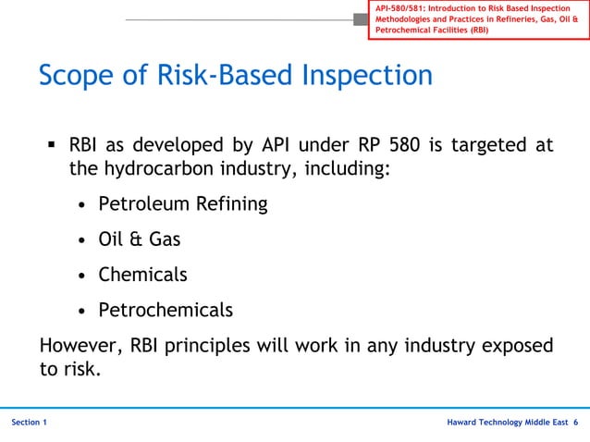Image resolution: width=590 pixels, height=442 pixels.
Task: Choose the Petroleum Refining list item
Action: pyautogui.click(x=183, y=204)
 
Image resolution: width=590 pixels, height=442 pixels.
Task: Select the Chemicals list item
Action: pyautogui.click(x=142, y=275)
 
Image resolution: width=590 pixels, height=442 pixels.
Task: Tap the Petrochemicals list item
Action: pyautogui.click(x=166, y=310)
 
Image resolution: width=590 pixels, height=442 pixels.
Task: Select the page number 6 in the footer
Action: pyautogui.click(x=575, y=423)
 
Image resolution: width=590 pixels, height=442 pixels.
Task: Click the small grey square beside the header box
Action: pyautogui.click(x=361, y=19)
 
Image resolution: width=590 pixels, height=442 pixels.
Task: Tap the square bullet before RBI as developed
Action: pyautogui.click(x=52, y=145)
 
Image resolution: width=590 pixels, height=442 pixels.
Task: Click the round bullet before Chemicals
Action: pyautogui.click(x=82, y=276)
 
